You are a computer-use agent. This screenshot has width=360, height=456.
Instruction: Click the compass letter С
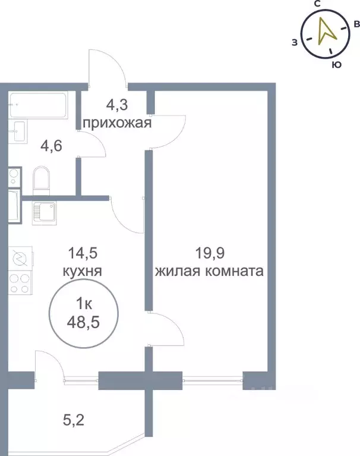pos(317,4)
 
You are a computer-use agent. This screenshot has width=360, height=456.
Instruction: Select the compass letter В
pos(356,24)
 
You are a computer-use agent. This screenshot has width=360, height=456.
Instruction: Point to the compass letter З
pos(294,42)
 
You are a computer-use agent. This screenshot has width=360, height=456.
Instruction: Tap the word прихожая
pos(117,124)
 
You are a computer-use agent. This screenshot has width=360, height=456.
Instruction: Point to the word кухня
pos(83,271)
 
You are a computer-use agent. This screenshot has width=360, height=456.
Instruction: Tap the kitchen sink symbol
pos(44,212)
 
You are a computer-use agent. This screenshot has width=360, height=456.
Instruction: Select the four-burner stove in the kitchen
pos(21,283)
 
